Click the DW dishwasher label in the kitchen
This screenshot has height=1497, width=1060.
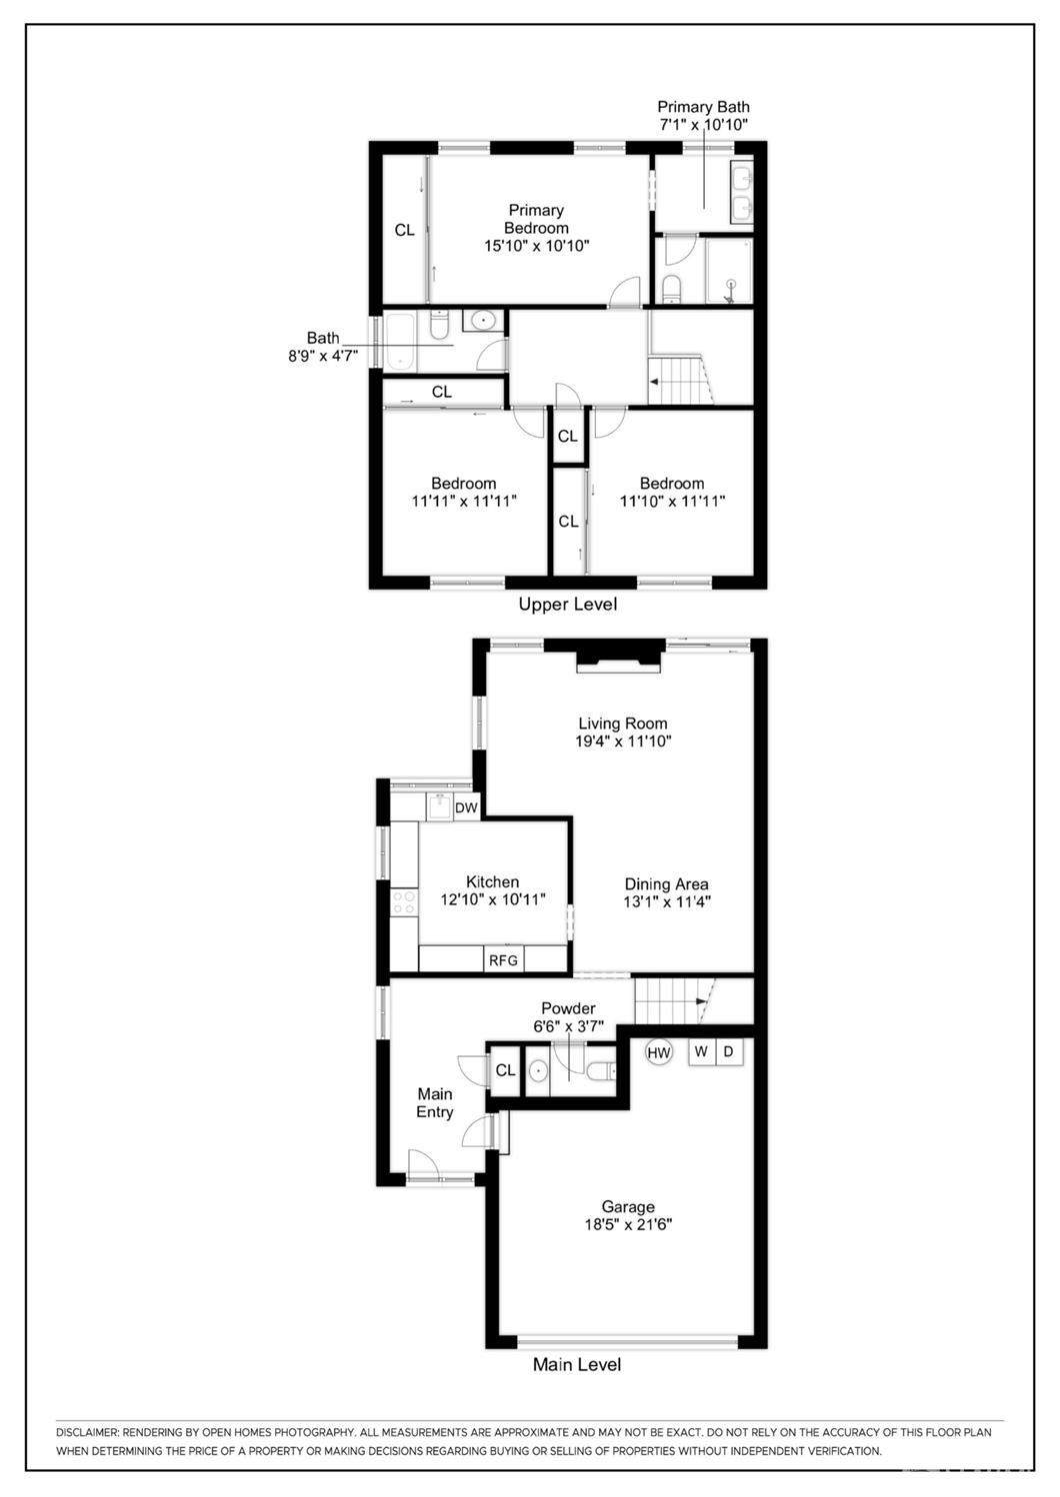tap(466, 807)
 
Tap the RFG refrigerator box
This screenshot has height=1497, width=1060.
tap(503, 960)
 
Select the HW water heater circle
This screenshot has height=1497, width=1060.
tap(658, 1052)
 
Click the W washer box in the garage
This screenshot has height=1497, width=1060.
tap(701, 1051)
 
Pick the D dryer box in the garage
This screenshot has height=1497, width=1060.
tap(729, 1051)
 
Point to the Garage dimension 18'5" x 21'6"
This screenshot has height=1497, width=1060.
tap(628, 1224)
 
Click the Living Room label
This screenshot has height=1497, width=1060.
tap(622, 724)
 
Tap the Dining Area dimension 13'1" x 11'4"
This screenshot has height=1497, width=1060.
tap(666, 901)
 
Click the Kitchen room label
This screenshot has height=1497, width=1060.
tap(492, 881)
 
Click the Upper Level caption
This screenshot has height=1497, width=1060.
tap(567, 605)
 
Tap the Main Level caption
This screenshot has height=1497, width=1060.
tap(577, 1364)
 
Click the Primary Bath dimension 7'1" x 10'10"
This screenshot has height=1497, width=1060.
tap(703, 125)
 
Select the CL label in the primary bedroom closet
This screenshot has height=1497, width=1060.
tap(404, 231)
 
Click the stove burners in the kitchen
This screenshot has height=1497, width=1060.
tap(404, 902)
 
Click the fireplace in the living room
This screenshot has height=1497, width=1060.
tap(619, 659)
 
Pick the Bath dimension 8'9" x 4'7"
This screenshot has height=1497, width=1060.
tap(323, 355)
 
